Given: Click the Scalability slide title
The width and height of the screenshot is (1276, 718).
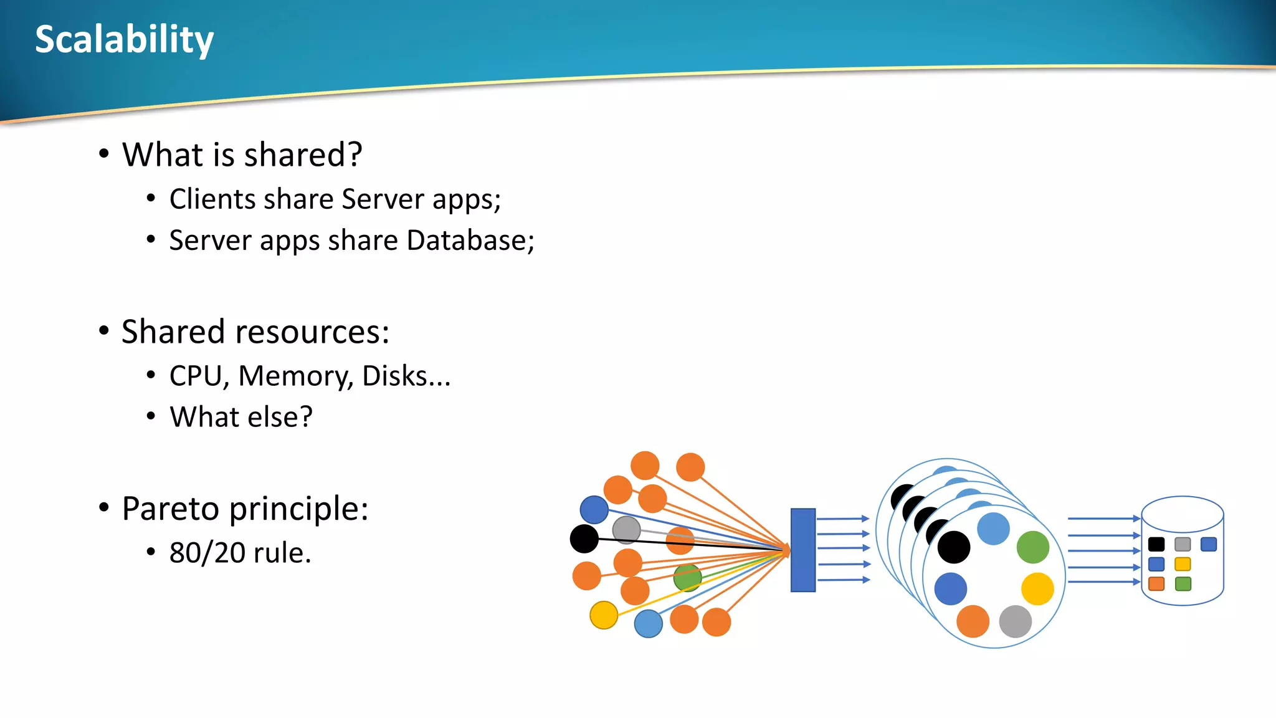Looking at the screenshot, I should [x=124, y=39].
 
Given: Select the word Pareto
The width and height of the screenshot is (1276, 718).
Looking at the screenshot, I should [x=169, y=509].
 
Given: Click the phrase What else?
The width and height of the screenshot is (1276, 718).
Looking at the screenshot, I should [x=241, y=417].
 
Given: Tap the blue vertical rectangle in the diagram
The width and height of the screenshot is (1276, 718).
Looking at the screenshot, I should [x=802, y=550].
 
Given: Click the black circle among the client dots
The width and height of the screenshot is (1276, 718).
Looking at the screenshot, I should [x=584, y=538].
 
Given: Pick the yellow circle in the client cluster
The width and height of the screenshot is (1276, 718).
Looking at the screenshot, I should [x=604, y=615].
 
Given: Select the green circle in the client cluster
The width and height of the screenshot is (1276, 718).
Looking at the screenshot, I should [x=687, y=578].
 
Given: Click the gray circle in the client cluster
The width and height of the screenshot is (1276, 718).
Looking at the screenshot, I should [x=626, y=530].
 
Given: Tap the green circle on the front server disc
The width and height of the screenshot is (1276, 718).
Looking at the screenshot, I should [x=1032, y=547].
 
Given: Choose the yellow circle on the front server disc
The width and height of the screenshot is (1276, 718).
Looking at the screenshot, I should [x=1037, y=589].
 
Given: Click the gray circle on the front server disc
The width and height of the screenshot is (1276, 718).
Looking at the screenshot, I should [x=1015, y=621].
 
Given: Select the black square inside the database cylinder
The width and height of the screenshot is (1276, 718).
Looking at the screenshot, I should [x=1156, y=544].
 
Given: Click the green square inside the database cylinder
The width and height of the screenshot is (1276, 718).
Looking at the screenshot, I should [x=1183, y=584].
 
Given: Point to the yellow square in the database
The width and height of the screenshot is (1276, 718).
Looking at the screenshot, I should [x=1183, y=564].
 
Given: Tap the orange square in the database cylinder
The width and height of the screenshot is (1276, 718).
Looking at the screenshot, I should [x=1156, y=584].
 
